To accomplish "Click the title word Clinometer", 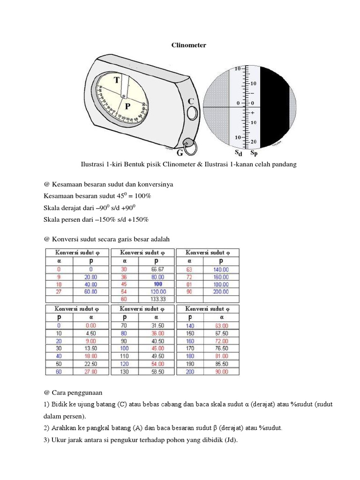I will tap(187, 45).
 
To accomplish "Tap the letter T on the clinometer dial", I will tap(114, 81).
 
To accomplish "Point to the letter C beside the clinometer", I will tap(191, 101).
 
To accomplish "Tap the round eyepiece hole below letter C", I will tap(192, 113).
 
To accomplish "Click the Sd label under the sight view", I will tap(239, 153).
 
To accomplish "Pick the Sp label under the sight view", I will tap(254, 153).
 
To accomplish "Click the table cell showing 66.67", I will tap(157, 269).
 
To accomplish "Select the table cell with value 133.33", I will tap(157, 299).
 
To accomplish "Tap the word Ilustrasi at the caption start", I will tap(94, 164).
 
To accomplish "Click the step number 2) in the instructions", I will tap(46, 428).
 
